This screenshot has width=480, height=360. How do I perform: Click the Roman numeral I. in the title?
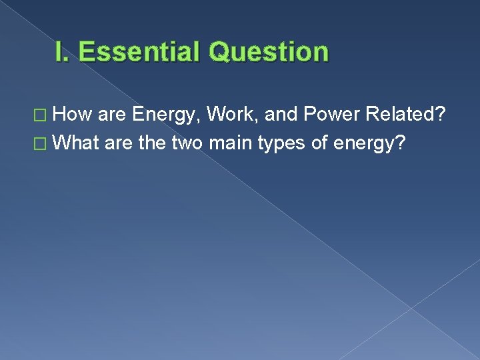pos(64,52)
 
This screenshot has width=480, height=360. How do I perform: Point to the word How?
pos(73,115)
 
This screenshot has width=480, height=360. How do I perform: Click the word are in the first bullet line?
pos(113,115)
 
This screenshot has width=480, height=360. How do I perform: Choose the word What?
pos(77,143)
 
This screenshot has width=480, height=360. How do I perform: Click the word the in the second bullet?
pos(154,143)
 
